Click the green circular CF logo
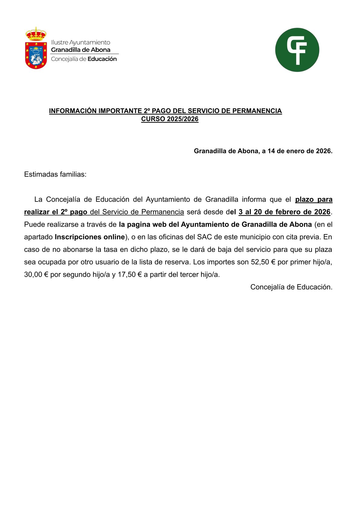pyautogui.click(x=297, y=50)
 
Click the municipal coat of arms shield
pyautogui.click(x=36, y=55)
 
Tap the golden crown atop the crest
pyautogui.click(x=36, y=34)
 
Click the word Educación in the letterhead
pyautogui.click(x=102, y=59)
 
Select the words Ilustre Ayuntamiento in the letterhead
pyautogui.click(x=80, y=42)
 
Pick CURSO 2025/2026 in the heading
pyautogui.click(x=170, y=119)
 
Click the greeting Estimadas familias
pyautogui.click(x=55, y=174)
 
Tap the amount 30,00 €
pyautogui.click(x=36, y=275)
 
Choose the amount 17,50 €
pyautogui.click(x=130, y=275)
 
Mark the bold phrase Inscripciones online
pyautogui.click(x=90, y=237)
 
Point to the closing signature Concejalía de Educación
pyautogui.click(x=291, y=287)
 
